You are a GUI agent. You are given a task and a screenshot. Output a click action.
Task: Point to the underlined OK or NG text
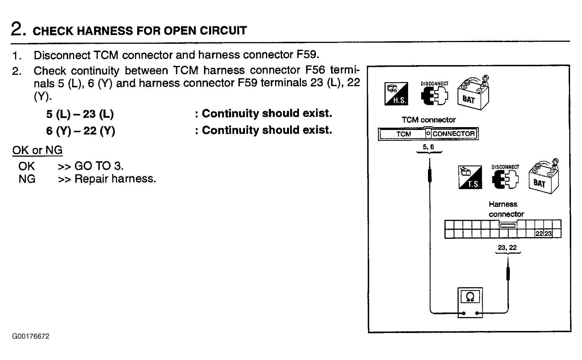pyautogui.click(x=37, y=150)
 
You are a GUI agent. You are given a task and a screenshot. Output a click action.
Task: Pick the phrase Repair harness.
pyautogui.click(x=115, y=179)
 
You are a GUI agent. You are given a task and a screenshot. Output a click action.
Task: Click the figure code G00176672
pyautogui.click(x=31, y=336)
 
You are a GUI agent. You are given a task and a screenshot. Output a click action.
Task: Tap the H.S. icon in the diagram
pyautogui.click(x=396, y=94)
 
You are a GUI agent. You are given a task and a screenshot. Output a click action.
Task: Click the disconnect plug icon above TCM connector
pyautogui.click(x=434, y=94)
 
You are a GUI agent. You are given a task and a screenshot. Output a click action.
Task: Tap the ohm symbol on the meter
pyautogui.click(x=470, y=297)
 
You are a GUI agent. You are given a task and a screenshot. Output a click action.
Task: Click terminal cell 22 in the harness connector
pyautogui.click(x=539, y=234)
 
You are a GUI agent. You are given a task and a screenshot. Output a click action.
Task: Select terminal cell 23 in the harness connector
pyautogui.click(x=548, y=234)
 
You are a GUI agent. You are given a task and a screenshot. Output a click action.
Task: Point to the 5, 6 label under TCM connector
pyautogui.click(x=429, y=147)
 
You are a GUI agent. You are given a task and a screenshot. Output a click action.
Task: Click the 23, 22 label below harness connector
pyautogui.click(x=507, y=247)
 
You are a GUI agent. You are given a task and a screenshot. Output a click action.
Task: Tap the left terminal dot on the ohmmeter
pyautogui.click(x=464, y=313)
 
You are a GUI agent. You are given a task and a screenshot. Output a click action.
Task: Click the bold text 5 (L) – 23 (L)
pyautogui.click(x=80, y=114)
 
